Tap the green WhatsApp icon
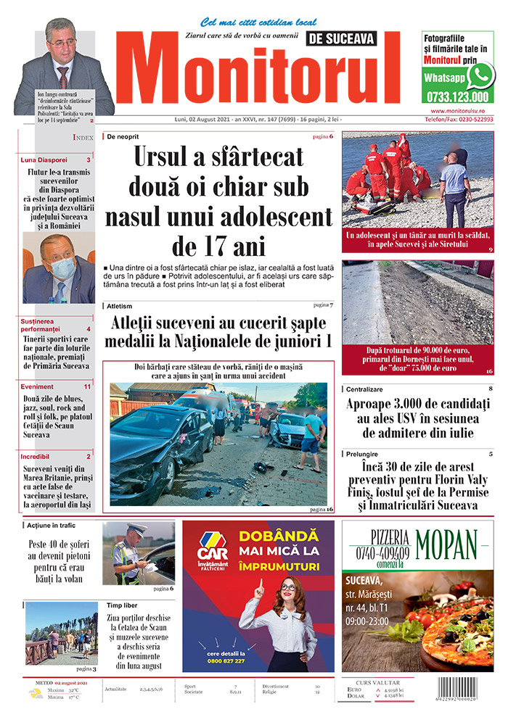pyautogui.click(x=480, y=75)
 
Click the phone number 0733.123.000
pyautogui.click(x=457, y=96)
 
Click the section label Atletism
pyautogui.click(x=120, y=307)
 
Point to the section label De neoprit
pyautogui.click(x=123, y=137)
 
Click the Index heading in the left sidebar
pyautogui.click(x=83, y=137)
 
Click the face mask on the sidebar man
pyautogui.click(x=62, y=269)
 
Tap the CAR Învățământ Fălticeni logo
pyautogui.click(x=213, y=547)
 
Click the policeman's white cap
pyautogui.click(x=136, y=529)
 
